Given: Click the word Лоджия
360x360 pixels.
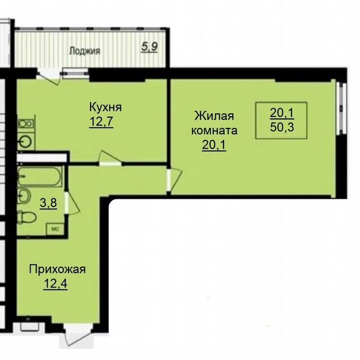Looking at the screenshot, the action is (x=85, y=51).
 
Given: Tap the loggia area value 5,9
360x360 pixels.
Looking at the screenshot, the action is (x=149, y=47).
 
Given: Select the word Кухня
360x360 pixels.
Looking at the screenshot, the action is (x=105, y=107).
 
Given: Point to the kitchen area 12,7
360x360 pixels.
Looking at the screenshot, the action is (x=101, y=121).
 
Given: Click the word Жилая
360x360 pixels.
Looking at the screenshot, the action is (x=214, y=115).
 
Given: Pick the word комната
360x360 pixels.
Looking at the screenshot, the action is (x=214, y=130).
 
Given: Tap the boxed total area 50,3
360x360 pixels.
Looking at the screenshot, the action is (x=282, y=127).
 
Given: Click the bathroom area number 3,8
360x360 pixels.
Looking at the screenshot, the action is (x=49, y=203).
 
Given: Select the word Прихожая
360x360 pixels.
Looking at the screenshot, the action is (x=57, y=269).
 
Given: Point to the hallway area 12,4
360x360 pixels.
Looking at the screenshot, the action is (x=55, y=284).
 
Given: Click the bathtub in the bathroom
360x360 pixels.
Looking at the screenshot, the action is (x=40, y=177).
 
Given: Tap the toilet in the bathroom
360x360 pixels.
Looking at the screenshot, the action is (x=27, y=217).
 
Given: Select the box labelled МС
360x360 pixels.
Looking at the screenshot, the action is (x=55, y=229).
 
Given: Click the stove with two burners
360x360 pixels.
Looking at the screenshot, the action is (x=26, y=124).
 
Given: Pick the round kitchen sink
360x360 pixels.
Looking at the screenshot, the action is (x=25, y=141).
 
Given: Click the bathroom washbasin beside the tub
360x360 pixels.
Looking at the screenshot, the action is (x=24, y=196).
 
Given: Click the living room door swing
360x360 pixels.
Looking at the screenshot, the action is (x=175, y=180).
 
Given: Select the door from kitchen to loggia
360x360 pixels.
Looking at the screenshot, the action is (x=49, y=76).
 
